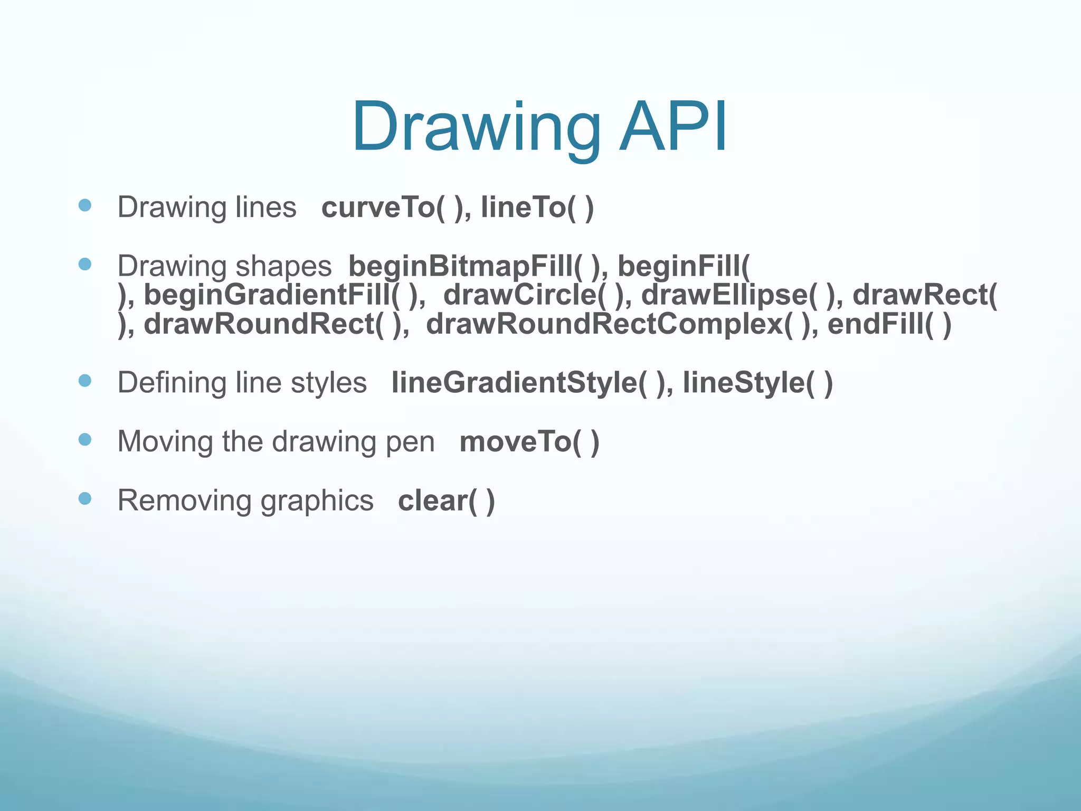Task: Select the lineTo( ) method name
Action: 537,207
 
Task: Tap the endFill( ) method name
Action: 889,324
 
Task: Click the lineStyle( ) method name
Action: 757,383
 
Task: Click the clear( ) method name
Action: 446,501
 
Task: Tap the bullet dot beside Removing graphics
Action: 85,498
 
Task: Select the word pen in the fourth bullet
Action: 410,442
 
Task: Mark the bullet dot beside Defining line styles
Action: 85,381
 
